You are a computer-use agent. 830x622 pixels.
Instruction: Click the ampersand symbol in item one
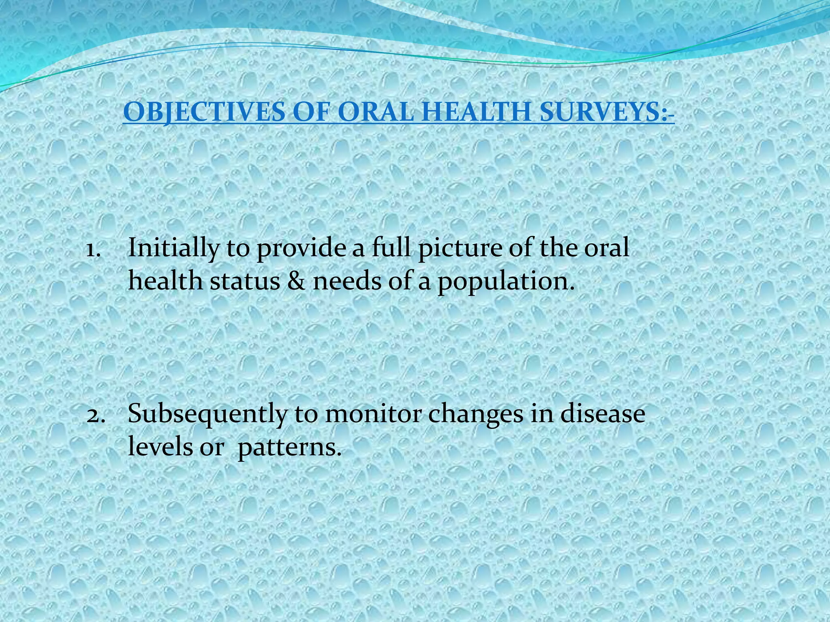click(x=297, y=281)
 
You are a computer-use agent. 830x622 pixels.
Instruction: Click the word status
click(x=245, y=281)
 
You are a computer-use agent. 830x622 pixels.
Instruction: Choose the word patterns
click(x=289, y=448)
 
